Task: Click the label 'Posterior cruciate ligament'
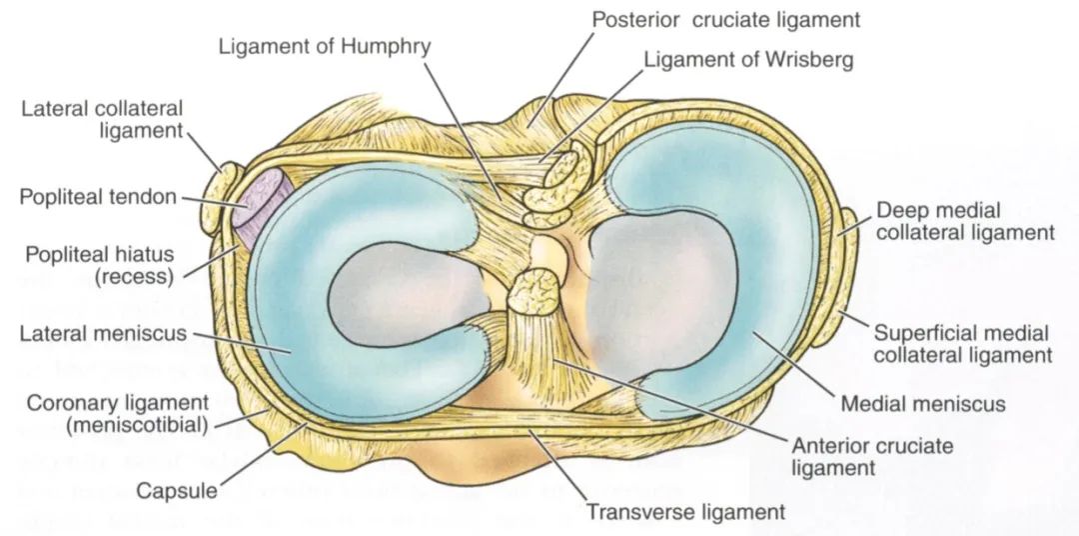725,19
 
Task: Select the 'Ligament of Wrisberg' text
748,60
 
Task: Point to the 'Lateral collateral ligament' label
102,118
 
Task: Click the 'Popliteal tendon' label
98,197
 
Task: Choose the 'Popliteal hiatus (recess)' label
98,263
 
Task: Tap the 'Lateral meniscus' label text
103,333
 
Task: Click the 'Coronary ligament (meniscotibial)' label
118,413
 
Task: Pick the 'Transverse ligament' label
685,512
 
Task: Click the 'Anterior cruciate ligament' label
871,456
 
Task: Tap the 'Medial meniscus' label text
923,404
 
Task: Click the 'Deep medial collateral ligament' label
965,221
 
